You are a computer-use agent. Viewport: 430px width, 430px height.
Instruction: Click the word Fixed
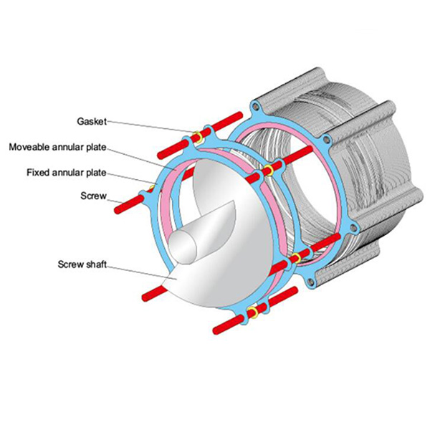pos(38,173)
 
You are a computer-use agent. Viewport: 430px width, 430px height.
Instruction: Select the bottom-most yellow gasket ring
pos(252,313)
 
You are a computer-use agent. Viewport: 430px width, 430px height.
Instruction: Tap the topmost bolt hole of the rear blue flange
pos(254,107)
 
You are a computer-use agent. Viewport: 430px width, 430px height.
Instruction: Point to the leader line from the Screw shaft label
pos(140,270)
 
